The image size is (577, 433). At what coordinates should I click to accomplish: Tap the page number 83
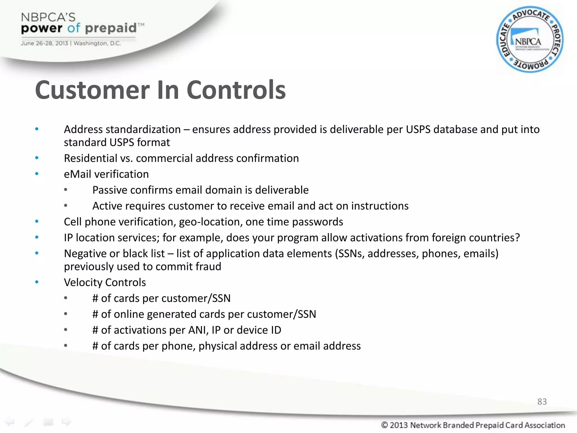pos(542,401)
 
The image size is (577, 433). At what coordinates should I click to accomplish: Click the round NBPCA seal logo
pos(530,39)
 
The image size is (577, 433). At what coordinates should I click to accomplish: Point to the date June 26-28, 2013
pos(44,43)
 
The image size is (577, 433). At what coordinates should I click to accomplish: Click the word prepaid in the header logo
pos(111,28)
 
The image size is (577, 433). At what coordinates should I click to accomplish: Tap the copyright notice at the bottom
pos(473,425)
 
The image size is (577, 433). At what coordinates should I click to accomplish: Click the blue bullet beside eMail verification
pos(37,174)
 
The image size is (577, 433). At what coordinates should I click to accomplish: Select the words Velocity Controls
pos(105,282)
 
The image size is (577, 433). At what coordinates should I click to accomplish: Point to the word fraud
pos(208,267)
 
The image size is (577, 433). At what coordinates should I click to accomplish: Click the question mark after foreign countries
pos(517,238)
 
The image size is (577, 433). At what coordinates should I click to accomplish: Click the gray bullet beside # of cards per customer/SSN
pos(65,298)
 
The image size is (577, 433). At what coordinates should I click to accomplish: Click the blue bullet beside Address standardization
pos(37,129)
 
